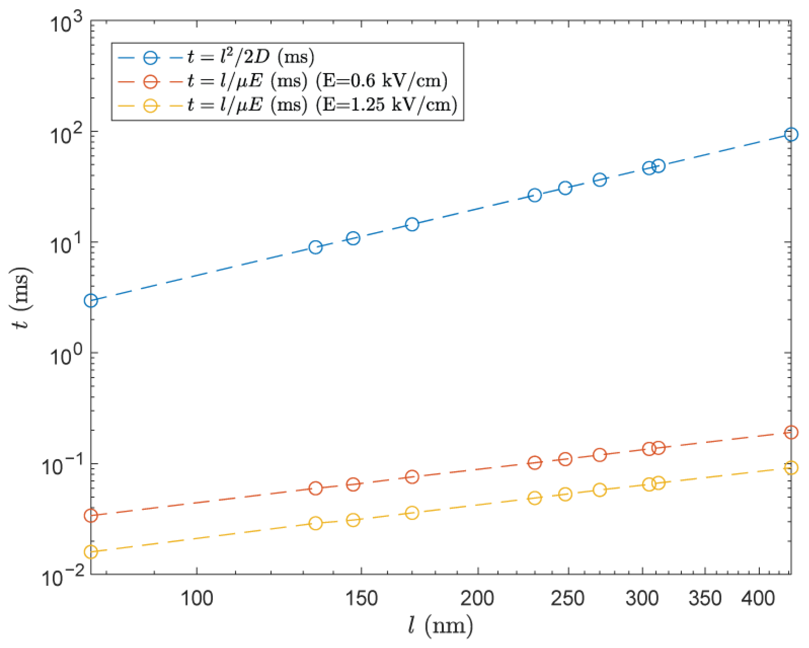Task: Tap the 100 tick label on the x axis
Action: [197, 598]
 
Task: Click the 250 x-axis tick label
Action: [567, 598]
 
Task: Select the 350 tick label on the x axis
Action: [705, 598]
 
